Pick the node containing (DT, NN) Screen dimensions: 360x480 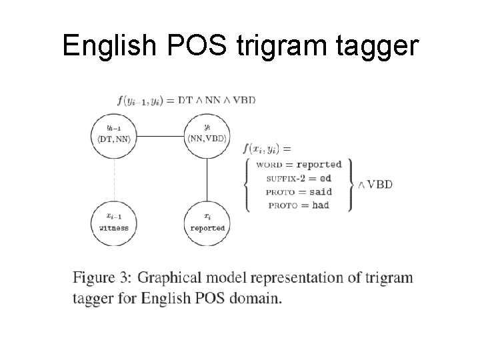[113, 133]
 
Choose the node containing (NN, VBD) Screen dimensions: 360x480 [207, 133]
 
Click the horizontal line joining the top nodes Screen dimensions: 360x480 [160, 136]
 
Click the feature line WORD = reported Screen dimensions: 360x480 [299, 165]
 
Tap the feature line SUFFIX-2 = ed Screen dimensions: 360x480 [299, 179]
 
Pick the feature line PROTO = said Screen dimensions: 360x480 [299, 192]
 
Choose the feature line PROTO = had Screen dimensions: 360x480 [299, 205]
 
